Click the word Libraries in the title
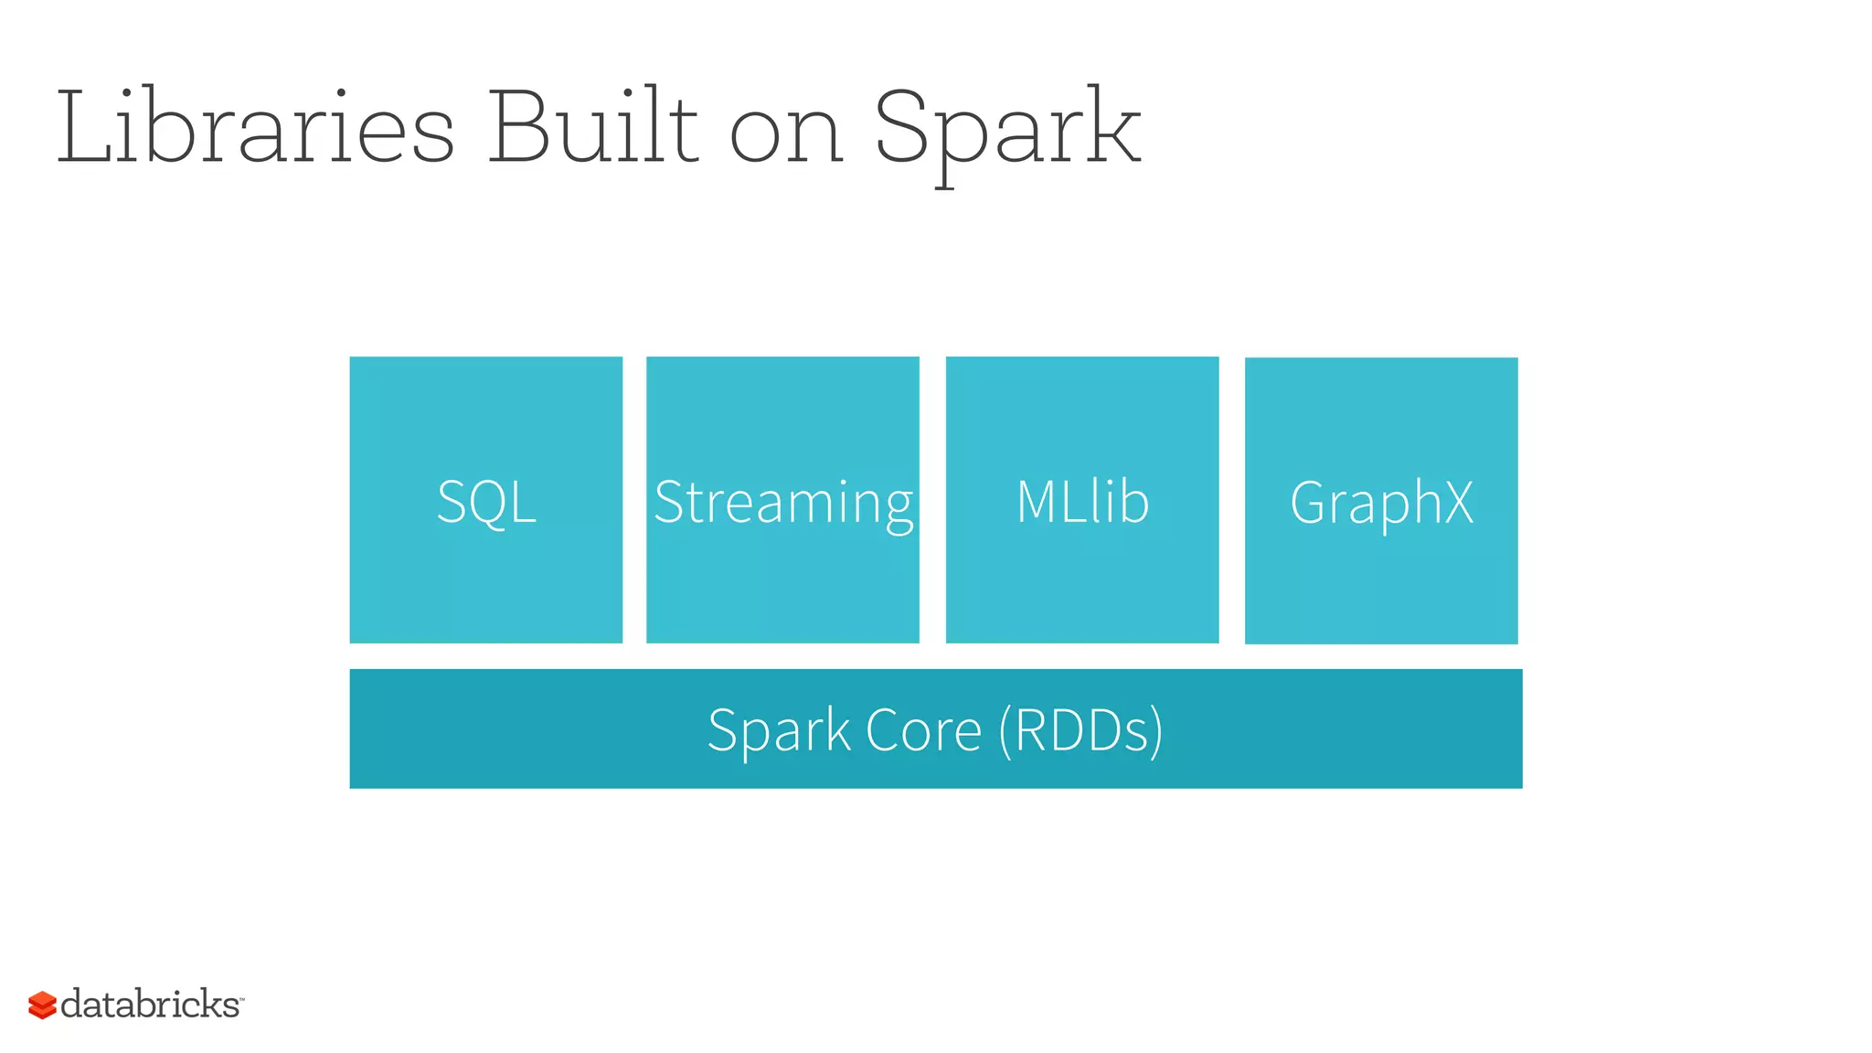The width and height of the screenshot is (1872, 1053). pos(256,128)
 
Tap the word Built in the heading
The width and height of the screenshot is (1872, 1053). pos(592,128)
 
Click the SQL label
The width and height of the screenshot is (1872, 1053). pos(486,502)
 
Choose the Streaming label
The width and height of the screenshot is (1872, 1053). pos(783,504)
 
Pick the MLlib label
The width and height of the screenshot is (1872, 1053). pos(1082,502)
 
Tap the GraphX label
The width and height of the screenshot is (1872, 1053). pos(1381,504)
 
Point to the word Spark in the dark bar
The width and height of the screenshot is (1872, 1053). pos(779,731)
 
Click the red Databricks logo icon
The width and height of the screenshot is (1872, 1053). pos(42,1005)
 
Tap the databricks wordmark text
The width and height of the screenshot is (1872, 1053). pos(151,1004)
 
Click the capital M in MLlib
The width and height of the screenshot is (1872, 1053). pos(1039,502)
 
